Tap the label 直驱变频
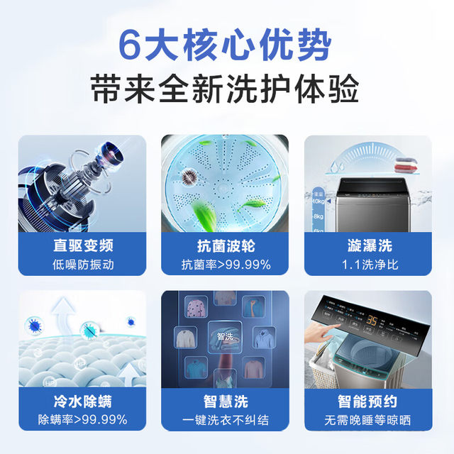click(x=82, y=246)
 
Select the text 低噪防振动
click(x=82, y=265)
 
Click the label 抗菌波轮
click(x=225, y=246)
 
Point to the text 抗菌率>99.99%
click(x=225, y=265)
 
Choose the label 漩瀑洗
click(x=369, y=246)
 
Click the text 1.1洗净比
click(x=369, y=265)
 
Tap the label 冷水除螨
click(x=82, y=402)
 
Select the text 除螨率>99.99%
click(x=82, y=419)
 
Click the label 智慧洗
click(x=225, y=402)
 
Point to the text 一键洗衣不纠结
click(x=225, y=419)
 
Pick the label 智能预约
click(x=369, y=402)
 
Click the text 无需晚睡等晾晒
click(x=369, y=419)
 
